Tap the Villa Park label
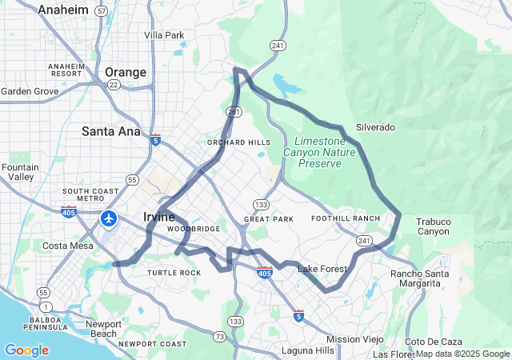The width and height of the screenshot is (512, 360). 163,35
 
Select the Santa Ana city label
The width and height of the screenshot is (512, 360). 110,130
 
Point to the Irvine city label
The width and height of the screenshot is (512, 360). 159,217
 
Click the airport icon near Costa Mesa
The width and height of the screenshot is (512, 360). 109,218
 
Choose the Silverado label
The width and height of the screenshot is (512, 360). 375,127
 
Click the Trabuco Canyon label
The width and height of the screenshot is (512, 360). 434,226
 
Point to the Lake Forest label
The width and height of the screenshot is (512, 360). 322,269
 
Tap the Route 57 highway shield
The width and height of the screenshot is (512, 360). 101,11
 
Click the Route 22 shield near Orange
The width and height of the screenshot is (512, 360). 114,85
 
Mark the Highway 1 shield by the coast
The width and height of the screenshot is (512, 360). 46,306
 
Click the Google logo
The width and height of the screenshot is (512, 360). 26,350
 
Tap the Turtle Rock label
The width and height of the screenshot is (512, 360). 174,273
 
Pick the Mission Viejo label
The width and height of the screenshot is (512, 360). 355,339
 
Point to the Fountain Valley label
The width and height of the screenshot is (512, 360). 19,172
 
